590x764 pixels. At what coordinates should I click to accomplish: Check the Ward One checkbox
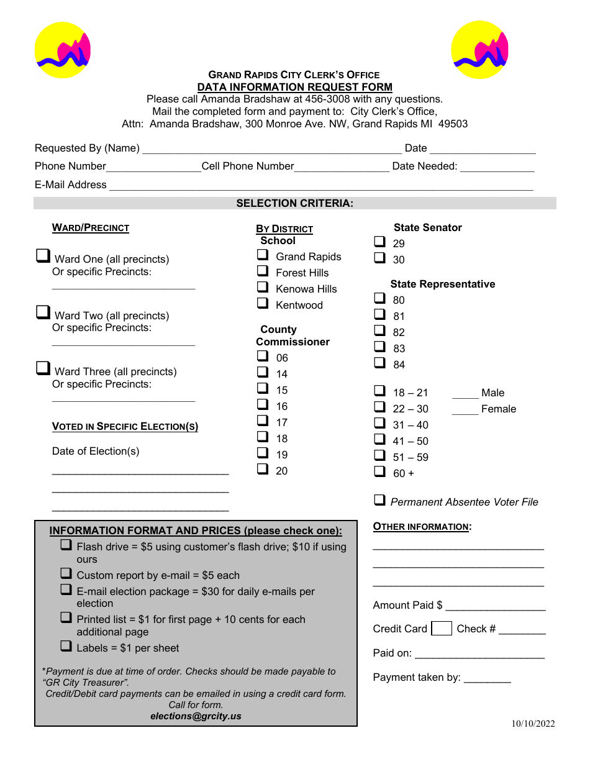tap(43, 256)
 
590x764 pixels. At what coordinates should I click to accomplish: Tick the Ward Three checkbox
tap(43, 368)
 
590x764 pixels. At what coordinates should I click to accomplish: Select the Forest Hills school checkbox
tap(263, 271)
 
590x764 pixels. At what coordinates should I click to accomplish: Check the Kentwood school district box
tap(263, 304)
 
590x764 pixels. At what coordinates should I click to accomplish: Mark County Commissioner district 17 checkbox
tap(263, 421)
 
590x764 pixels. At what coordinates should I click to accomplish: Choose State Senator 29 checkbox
tap(380, 242)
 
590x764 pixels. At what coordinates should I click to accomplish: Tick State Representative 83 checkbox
tap(380, 347)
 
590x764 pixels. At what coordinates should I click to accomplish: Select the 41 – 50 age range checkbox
tap(380, 440)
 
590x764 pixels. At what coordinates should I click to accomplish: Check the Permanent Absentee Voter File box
tap(380, 500)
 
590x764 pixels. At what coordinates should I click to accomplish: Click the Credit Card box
tap(442, 629)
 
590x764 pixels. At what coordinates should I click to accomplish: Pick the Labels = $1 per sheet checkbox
tap(66, 647)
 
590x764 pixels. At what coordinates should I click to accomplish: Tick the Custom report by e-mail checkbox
tap(66, 574)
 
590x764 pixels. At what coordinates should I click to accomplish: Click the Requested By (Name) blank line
tap(272, 149)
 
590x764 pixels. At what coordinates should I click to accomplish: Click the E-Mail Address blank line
tap(321, 186)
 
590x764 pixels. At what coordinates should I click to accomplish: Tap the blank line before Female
tap(465, 410)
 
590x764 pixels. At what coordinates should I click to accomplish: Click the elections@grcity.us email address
tap(196, 716)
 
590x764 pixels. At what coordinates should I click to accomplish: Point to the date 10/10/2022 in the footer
tap(533, 724)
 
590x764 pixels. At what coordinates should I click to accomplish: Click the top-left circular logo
tap(63, 50)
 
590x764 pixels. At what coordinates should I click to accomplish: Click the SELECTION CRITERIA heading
tap(294, 203)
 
